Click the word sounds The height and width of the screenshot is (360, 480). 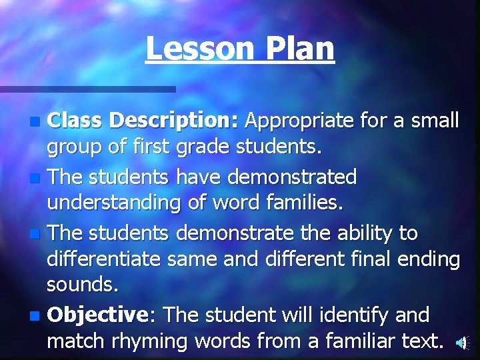point(82,286)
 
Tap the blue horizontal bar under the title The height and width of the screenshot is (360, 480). point(87,89)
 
